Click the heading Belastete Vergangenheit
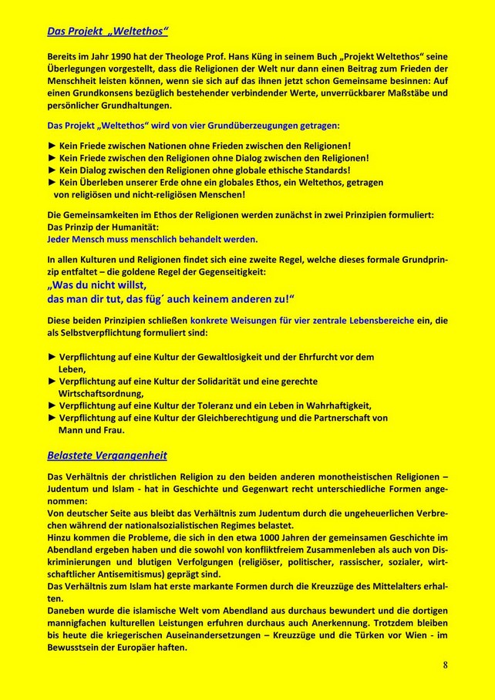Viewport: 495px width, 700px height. (x=107, y=455)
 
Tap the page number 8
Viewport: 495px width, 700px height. (x=446, y=665)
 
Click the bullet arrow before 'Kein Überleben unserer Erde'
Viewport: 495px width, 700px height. (x=52, y=183)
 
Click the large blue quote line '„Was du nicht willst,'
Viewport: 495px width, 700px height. (x=96, y=284)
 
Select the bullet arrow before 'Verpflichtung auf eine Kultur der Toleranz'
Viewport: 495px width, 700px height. (x=52, y=405)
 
